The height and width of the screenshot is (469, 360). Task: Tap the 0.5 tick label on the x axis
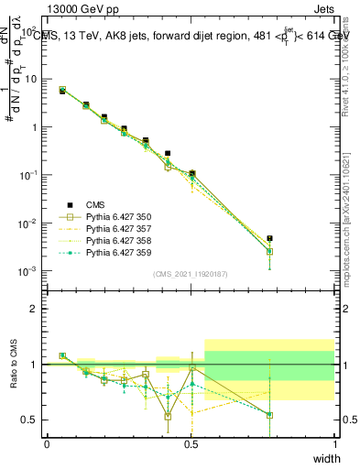(191, 444)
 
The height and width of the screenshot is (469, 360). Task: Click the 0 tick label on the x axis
(47, 444)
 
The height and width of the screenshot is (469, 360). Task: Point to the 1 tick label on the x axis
(335, 444)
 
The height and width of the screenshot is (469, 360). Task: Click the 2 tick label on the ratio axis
(34, 309)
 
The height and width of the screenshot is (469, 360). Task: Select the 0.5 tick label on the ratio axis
(29, 420)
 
